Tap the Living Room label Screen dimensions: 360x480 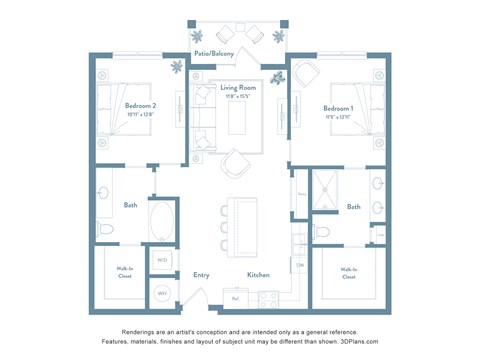coord(238,88)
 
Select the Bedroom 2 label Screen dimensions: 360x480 coord(140,107)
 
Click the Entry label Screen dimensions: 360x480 coord(201,275)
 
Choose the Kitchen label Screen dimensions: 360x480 coord(258,275)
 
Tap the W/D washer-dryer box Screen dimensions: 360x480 coord(162,260)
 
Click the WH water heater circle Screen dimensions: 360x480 coord(162,293)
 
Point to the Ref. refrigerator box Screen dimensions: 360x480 coord(236,297)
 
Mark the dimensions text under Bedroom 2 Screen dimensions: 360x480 coord(140,115)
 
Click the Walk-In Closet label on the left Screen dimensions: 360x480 coord(125,272)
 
